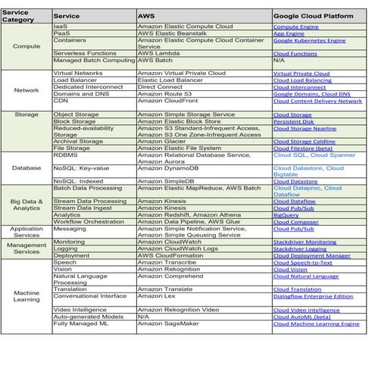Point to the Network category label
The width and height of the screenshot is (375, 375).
tap(26, 89)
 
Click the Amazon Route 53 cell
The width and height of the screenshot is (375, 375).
tap(163, 94)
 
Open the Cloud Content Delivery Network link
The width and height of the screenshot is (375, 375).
tap(317, 101)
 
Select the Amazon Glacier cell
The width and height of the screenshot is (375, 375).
tap(161, 141)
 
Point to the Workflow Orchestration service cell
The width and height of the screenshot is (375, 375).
tap(90, 222)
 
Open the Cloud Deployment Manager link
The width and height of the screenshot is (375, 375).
tap(311, 256)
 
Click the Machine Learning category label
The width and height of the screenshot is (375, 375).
tap(26, 295)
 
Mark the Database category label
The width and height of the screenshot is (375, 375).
tap(26, 167)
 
